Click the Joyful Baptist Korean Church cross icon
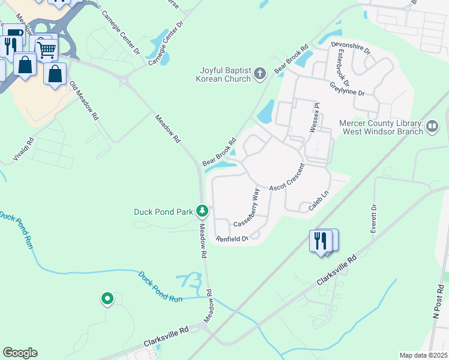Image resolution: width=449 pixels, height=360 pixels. (260, 74)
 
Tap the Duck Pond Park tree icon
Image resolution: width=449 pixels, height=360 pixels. (203, 211)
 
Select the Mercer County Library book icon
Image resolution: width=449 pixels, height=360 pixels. (433, 127)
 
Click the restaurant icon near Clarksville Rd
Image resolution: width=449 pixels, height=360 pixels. (320, 241)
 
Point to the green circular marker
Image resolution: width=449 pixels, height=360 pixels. (107, 298)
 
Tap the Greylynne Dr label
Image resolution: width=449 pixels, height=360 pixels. (348, 88)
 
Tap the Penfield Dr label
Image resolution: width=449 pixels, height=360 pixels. (232, 239)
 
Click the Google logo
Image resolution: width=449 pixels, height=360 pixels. (20, 353)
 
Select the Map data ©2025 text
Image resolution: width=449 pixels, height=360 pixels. (423, 355)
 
